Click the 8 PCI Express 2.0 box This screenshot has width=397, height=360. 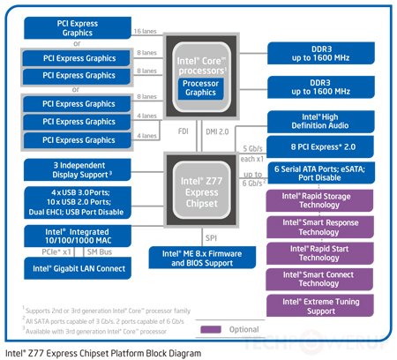pyautogui.click(x=318, y=146)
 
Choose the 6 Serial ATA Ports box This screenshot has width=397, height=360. pyautogui.click(x=318, y=172)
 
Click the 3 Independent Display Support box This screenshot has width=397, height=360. pyautogui.click(x=79, y=169)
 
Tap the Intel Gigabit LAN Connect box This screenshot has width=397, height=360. pyautogui.click(x=79, y=267)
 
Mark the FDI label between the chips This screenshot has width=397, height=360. pyautogui.click(x=182, y=131)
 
